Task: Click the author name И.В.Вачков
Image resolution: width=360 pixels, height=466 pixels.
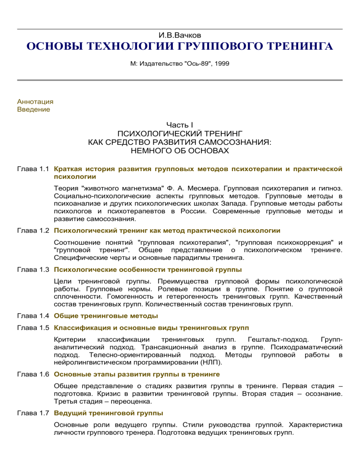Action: click(180, 36)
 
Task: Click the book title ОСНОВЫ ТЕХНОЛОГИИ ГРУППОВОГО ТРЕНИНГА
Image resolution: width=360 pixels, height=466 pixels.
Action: click(180, 48)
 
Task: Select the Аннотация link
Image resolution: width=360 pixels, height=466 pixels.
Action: click(35, 101)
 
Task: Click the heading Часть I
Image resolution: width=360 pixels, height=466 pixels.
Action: click(180, 126)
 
